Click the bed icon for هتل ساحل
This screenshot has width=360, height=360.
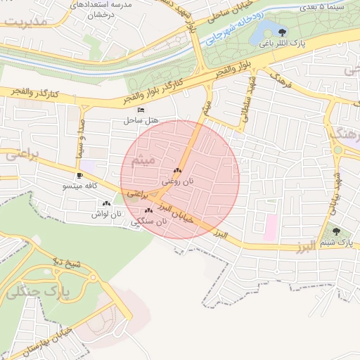(141, 110)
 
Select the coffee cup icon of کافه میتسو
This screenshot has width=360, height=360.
(79, 175)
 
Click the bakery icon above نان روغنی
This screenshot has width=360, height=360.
(176, 170)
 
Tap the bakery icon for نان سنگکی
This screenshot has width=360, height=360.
(148, 210)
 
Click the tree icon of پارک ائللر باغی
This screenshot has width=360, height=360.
(282, 32)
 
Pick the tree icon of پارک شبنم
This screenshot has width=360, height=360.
(336, 231)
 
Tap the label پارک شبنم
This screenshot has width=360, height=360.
(335, 243)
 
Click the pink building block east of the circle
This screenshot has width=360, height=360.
(270, 227)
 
